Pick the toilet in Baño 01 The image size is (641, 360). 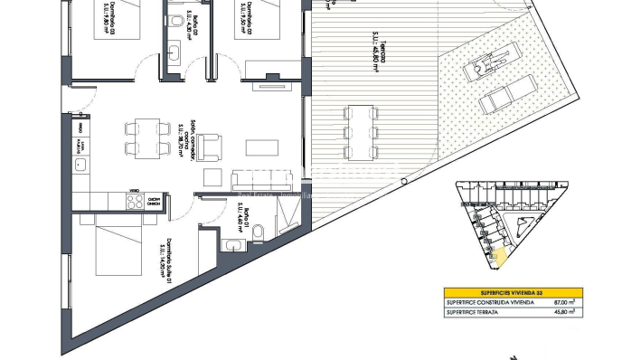pos(258,235)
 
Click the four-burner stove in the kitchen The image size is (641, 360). pos(136,203)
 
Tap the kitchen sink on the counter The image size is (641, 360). pos(80,166)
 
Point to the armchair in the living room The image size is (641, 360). pos(210,144)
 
